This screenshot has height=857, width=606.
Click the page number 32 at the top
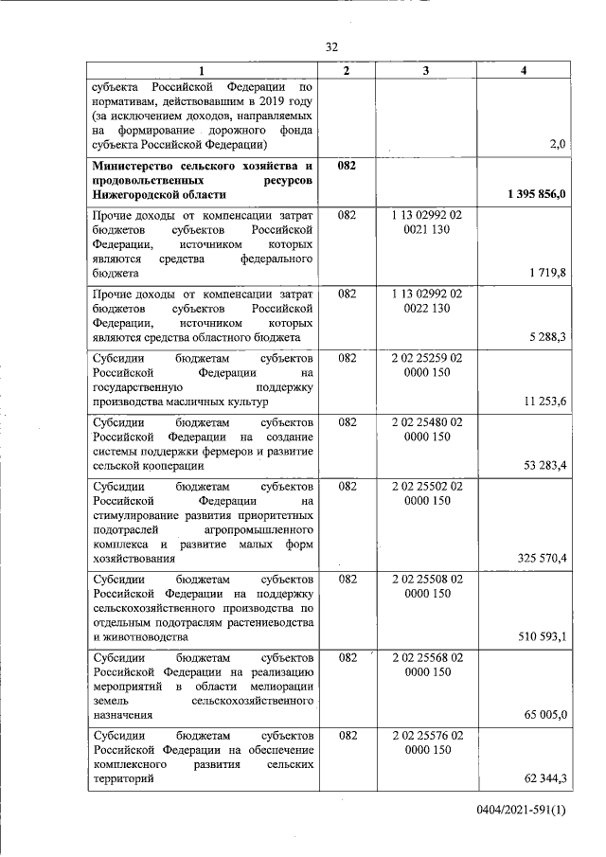tap(331, 47)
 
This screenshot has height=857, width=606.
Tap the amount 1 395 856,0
tap(536, 195)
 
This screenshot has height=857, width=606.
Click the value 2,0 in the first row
tap(557, 144)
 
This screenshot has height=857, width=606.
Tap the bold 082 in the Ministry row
tap(347, 166)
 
